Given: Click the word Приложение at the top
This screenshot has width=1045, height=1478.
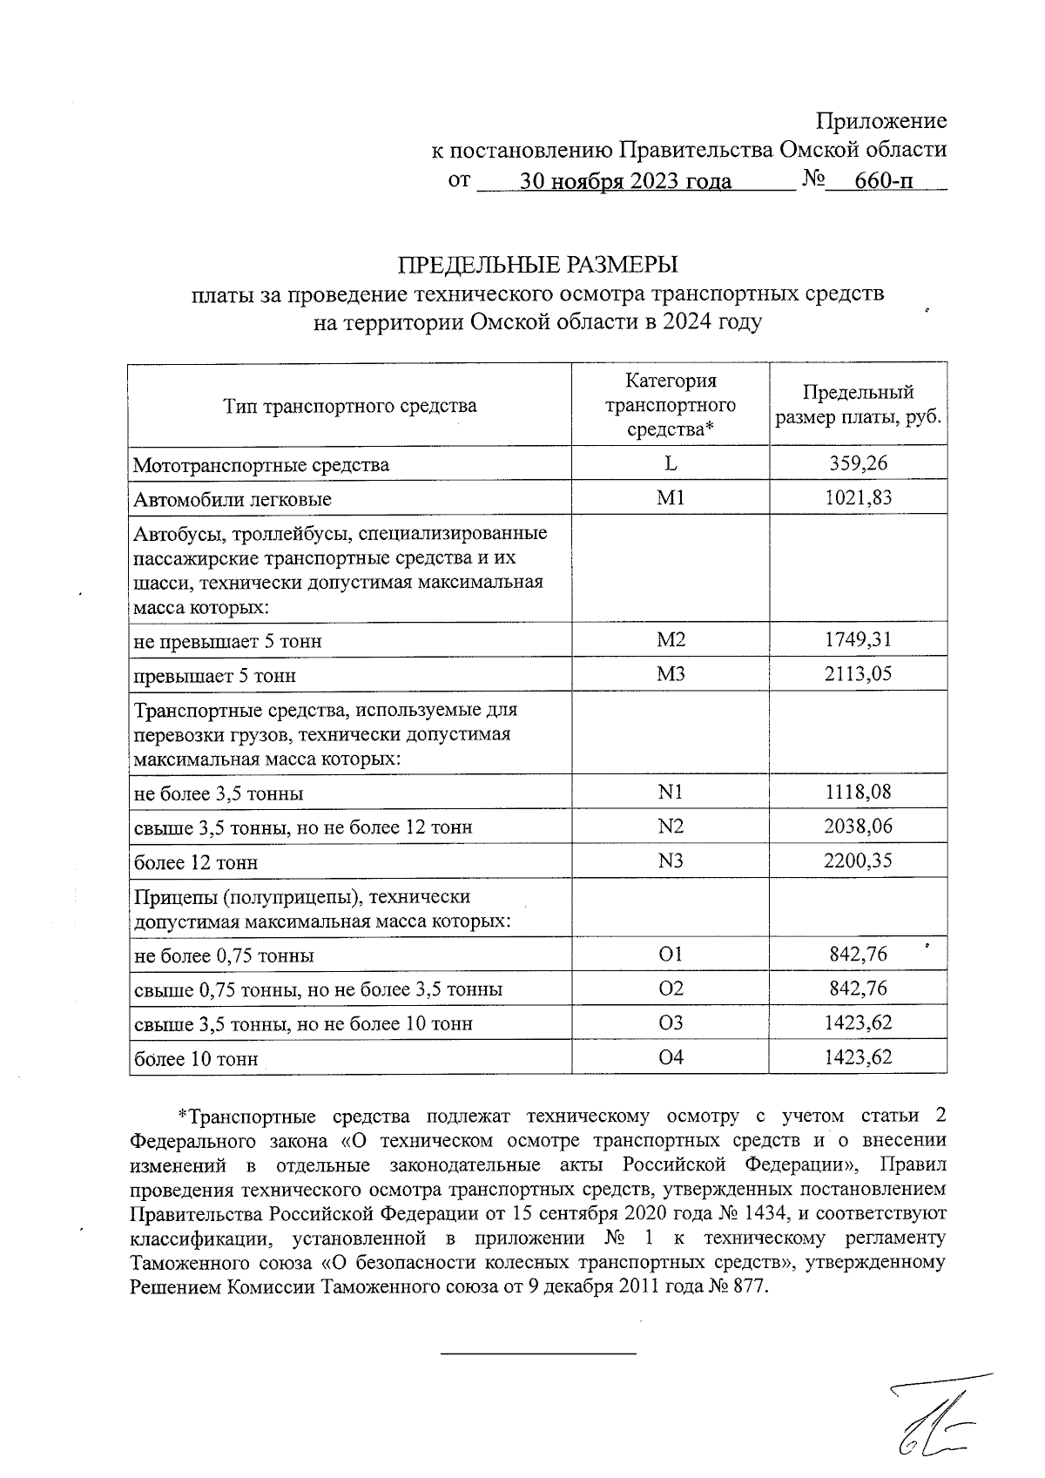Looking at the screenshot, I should point(881,121).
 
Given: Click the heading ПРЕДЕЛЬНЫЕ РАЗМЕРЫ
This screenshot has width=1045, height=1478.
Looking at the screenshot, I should point(537,264).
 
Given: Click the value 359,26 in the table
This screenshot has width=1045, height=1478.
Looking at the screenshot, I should point(858,463).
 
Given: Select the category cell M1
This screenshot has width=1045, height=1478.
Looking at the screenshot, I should point(671,497).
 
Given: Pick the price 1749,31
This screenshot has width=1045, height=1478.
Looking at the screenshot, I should point(858,640).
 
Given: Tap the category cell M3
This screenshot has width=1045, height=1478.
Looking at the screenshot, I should point(671,674).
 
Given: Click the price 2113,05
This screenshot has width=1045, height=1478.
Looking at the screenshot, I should point(858,674).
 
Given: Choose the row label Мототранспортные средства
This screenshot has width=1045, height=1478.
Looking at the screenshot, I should point(261,465).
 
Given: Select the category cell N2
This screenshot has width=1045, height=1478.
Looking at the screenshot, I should point(671,827).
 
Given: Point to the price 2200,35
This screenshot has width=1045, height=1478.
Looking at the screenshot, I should point(858,860).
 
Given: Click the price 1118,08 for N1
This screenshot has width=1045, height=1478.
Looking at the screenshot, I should point(858,793).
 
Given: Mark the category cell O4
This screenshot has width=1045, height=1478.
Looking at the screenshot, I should point(671,1057).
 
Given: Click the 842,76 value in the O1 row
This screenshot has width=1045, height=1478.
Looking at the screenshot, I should point(858,955).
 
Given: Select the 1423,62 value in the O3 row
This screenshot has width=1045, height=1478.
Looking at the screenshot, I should point(858,1022).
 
